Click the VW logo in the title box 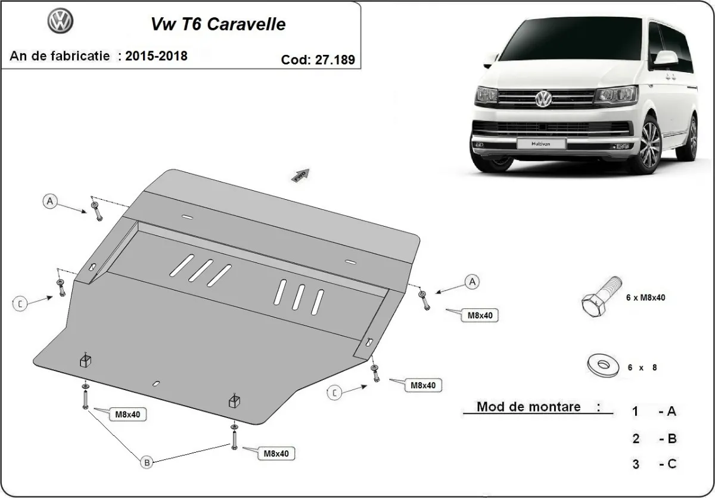tap(60, 22)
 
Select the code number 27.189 tap(334, 59)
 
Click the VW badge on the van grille tap(543, 98)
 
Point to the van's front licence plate tap(532, 143)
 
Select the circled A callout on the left tap(51, 202)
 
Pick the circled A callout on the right tap(472, 282)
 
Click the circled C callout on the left tap(20, 304)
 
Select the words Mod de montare tap(529, 407)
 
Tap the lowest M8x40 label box tap(276, 453)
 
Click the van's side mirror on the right tap(666, 59)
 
